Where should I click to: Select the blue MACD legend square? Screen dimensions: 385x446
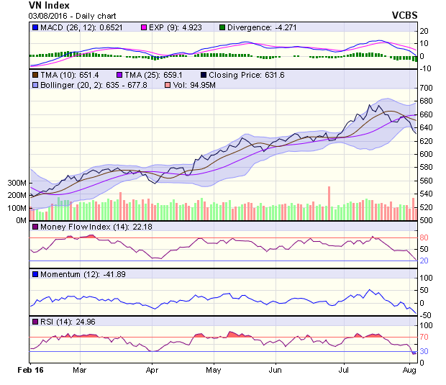pyautogui.click(x=35, y=27)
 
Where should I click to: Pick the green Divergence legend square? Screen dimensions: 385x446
pyautogui.click(x=222, y=27)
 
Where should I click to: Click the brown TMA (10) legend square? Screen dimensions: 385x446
pyautogui.click(x=35, y=74)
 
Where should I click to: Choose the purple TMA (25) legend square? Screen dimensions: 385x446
pyautogui.click(x=119, y=74)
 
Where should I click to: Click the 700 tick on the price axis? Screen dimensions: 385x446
pyautogui.click(x=426, y=88)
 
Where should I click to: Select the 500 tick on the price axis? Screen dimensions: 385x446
pyautogui.click(x=426, y=220)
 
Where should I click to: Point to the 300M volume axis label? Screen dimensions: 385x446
pyautogui.click(x=17, y=183)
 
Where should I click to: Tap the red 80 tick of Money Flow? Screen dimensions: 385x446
pyautogui.click(x=424, y=237)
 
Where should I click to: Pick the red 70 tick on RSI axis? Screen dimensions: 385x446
pyautogui.click(x=424, y=337)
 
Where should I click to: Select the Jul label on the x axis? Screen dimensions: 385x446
pyautogui.click(x=343, y=371)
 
